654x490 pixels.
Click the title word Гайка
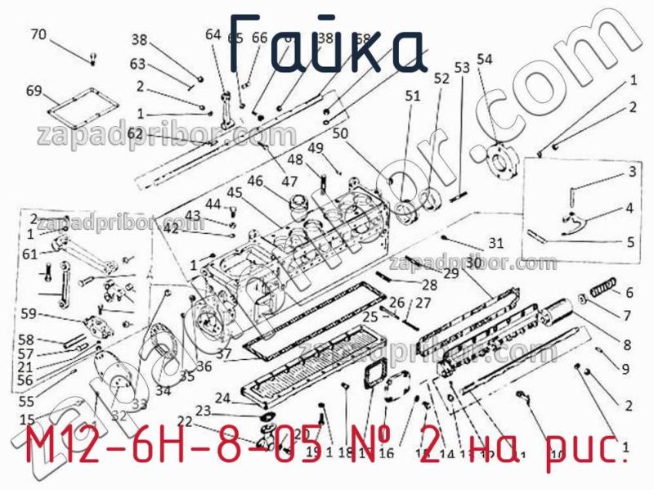327,45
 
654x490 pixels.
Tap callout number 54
485,59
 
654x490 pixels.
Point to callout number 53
462,68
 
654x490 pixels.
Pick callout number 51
412,96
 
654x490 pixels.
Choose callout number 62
135,133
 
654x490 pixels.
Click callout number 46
255,181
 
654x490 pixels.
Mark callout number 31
497,243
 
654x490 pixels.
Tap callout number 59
29,312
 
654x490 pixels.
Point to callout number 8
627,344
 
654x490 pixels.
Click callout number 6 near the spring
629,292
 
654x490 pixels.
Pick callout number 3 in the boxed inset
631,172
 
